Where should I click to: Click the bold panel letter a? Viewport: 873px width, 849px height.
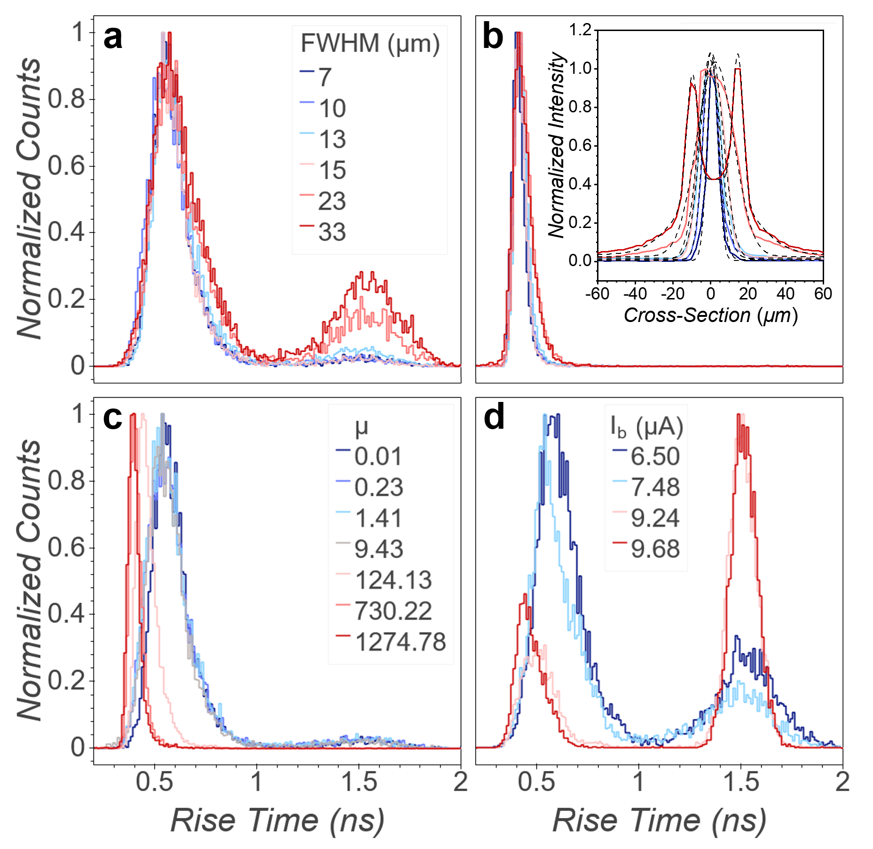coord(113,38)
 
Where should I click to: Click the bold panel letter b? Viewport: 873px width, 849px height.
coord(493,38)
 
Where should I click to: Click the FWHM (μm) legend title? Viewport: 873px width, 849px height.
coord(370,44)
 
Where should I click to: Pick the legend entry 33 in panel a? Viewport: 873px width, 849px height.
coord(332,232)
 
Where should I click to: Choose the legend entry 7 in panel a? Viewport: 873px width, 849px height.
coord(325,77)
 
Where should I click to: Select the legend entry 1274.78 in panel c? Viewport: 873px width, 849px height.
coord(400,642)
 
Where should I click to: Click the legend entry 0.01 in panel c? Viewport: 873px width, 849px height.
coord(378,456)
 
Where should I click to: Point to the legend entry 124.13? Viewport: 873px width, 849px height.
coord(393,580)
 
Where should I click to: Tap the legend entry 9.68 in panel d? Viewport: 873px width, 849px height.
coord(655,549)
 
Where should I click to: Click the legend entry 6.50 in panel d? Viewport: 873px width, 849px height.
coord(655,456)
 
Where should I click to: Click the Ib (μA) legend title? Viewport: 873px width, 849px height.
coord(646,427)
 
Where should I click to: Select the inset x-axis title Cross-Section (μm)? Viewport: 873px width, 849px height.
coord(710,315)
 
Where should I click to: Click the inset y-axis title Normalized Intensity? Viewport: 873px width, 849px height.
coord(557,145)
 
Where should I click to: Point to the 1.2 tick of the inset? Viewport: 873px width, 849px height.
coord(580,30)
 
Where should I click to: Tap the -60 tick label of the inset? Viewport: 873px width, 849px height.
coord(597,294)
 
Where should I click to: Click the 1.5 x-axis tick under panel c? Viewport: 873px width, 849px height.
coord(359,782)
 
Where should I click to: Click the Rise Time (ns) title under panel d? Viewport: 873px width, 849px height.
coord(659,820)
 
